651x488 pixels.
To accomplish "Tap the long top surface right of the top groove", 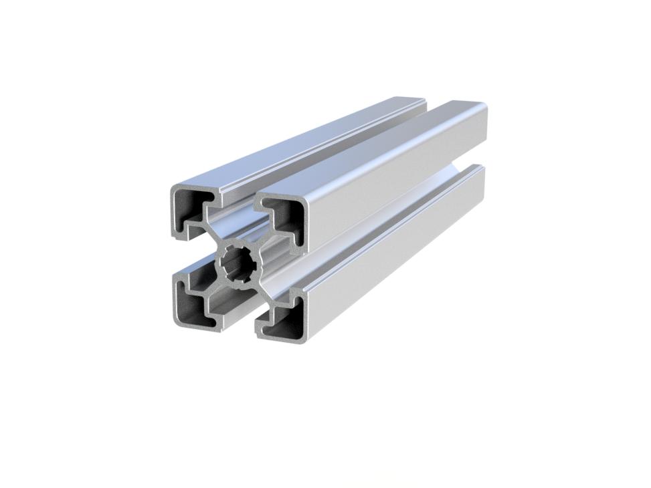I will click(x=375, y=147).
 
